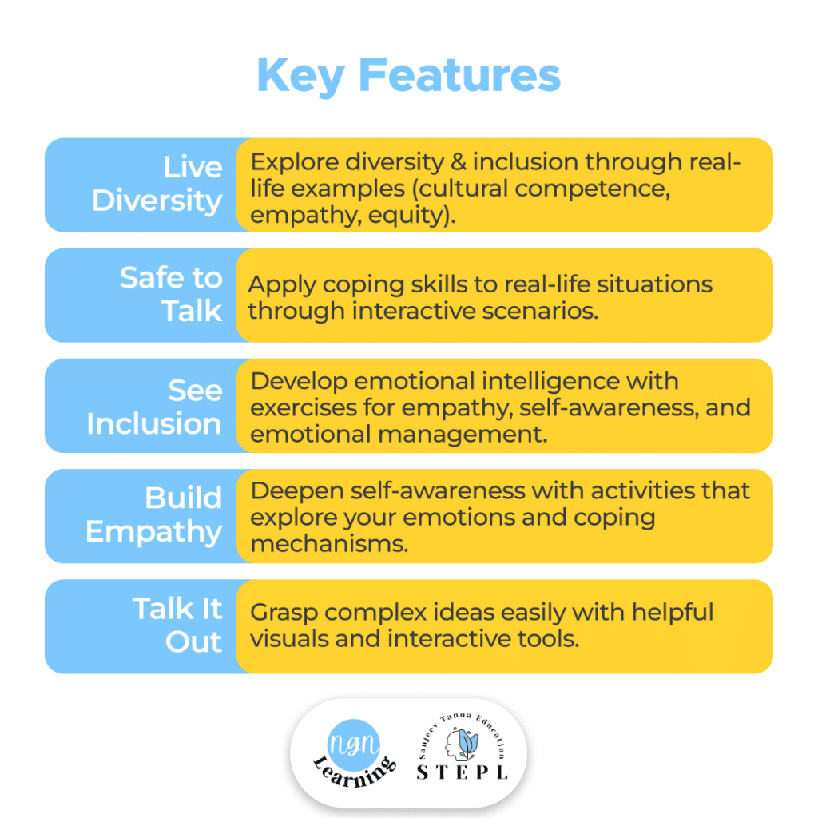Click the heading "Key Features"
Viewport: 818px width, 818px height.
tap(408, 77)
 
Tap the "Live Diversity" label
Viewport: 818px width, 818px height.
tap(157, 184)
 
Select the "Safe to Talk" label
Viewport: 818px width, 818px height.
tap(171, 294)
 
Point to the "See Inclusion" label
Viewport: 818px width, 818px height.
tap(154, 406)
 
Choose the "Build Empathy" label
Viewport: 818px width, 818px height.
tap(154, 514)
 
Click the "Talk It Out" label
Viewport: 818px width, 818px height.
tap(177, 625)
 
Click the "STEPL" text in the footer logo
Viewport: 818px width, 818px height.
tap(463, 772)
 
